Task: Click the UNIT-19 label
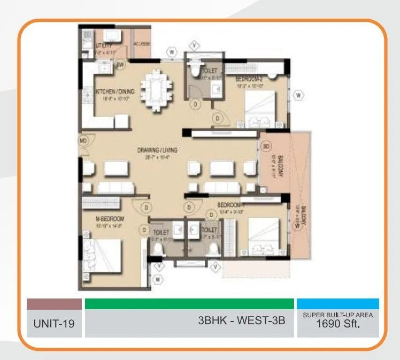point(54,324)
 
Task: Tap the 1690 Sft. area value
point(338,324)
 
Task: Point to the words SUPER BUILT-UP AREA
point(338,315)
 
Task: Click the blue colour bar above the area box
point(338,304)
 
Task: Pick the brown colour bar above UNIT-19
point(54,304)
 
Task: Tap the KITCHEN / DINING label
point(115,92)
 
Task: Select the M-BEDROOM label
point(110,219)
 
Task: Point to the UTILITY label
point(103,46)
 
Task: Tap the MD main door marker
point(83,141)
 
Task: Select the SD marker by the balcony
point(266,145)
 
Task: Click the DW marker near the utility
point(120,65)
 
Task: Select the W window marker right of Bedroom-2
point(299,96)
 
